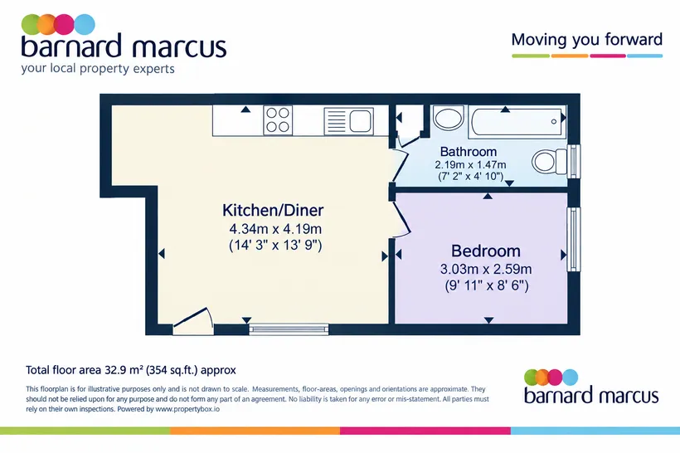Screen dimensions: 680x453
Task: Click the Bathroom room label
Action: [469, 152]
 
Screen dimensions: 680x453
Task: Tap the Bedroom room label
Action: [486, 251]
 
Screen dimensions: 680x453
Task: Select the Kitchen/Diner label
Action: [273, 210]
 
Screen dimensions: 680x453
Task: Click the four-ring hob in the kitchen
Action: [278, 120]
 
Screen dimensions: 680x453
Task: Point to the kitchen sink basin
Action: [361, 120]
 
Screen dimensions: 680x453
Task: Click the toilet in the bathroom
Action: [550, 162]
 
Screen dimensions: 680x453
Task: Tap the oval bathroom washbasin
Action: [449, 118]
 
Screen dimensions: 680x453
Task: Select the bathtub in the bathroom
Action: [518, 121]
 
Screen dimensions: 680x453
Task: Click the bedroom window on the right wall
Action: [574, 239]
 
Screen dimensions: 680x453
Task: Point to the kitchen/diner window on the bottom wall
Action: [289, 329]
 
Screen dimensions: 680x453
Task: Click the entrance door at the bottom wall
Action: [193, 322]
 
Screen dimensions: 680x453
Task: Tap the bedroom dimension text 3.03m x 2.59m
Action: [486, 269]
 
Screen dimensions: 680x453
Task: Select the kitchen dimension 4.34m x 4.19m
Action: [275, 229]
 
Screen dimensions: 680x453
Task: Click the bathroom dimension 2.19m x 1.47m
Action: [470, 165]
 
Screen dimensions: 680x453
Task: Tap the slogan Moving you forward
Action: [587, 40]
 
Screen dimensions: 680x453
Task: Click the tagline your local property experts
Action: [98, 69]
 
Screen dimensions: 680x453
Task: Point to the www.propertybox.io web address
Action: [187, 409]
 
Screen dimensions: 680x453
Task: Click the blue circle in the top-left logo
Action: [85, 24]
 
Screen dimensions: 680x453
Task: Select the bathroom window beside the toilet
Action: [574, 161]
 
